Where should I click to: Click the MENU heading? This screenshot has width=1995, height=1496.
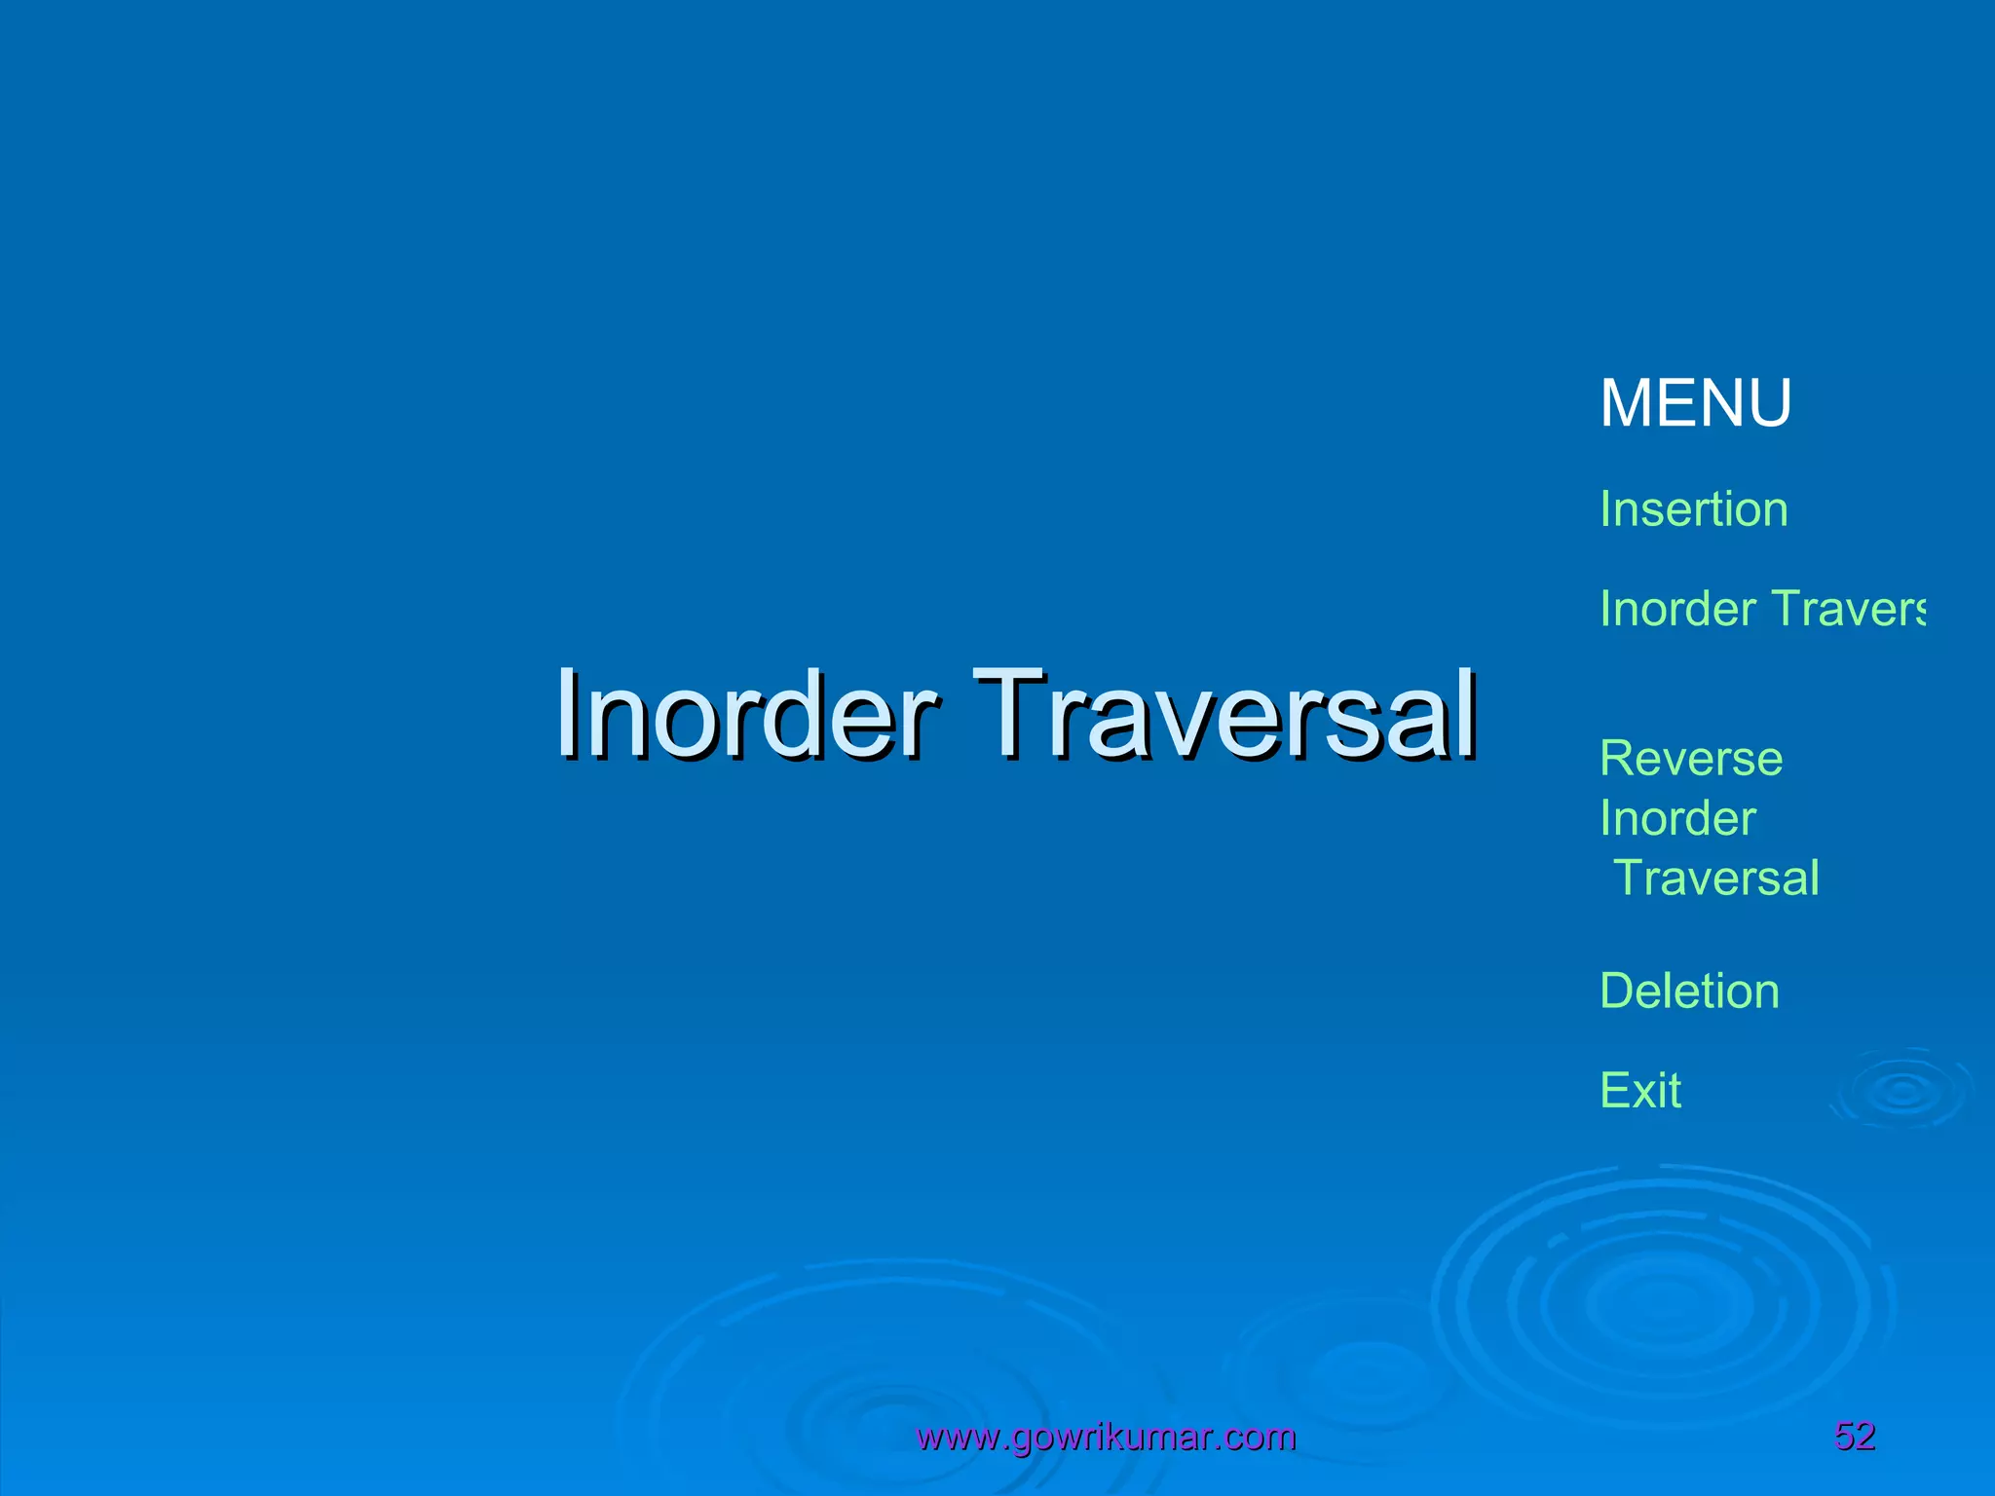point(1695,402)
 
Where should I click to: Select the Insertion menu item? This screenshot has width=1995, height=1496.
point(1693,509)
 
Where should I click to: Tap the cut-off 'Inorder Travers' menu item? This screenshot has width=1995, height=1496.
point(1761,609)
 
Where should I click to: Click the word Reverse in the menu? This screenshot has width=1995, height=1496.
point(1691,759)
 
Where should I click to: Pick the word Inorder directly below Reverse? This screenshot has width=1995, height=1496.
point(1677,818)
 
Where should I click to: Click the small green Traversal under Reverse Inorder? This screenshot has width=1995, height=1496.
point(1716,878)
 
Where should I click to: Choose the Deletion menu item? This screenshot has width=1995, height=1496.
point(1689,991)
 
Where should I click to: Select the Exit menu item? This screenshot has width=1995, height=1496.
point(1640,1090)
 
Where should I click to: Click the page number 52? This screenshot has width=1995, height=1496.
point(1855,1436)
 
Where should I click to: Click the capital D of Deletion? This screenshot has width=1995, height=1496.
point(1617,991)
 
